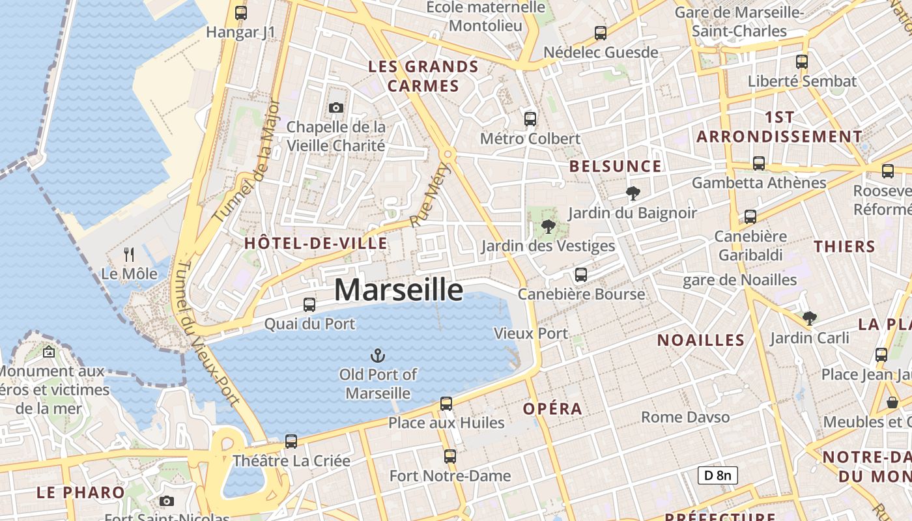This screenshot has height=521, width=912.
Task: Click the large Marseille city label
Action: click(399, 290)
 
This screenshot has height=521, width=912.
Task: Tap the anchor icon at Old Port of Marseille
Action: click(378, 356)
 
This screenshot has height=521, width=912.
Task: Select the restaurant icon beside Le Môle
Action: click(129, 254)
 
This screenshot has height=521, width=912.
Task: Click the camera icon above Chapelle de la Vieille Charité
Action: click(336, 107)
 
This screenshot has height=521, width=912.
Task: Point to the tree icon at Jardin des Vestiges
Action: click(548, 227)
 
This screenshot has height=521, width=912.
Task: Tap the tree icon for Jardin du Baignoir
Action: click(633, 193)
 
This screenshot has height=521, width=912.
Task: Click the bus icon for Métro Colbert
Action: click(530, 119)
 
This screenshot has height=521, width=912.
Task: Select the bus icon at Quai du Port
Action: click(309, 304)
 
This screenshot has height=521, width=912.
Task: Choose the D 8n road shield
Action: click(717, 475)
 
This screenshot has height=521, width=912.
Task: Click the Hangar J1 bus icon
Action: click(241, 12)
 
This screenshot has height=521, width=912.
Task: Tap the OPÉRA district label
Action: click(552, 409)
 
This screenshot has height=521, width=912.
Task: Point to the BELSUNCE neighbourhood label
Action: click(615, 166)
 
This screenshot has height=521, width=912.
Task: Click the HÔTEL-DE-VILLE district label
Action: click(316, 244)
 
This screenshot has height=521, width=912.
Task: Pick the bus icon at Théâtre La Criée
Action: click(291, 441)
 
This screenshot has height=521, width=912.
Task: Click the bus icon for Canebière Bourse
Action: click(581, 274)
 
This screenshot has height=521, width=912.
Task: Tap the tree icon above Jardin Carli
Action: click(810, 318)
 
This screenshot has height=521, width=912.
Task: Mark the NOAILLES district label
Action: click(700, 340)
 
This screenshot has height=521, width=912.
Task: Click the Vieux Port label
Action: click(531, 333)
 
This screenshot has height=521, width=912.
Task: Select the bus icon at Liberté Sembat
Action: click(802, 62)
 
